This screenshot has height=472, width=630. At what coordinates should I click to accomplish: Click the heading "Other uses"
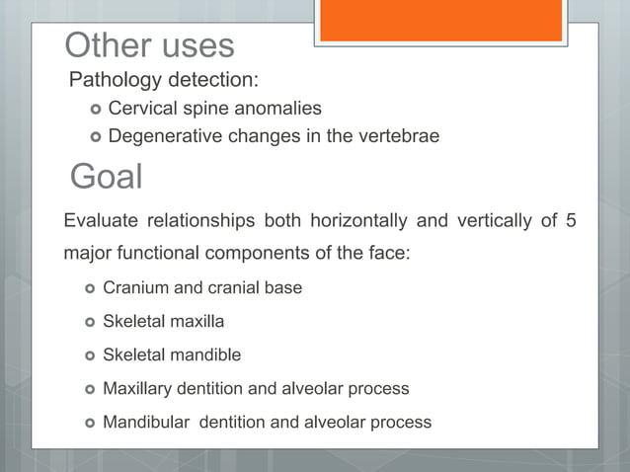coord(149,45)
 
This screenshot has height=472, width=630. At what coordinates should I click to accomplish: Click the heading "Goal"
coord(107,177)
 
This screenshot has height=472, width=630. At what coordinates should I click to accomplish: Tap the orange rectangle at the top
coord(440,20)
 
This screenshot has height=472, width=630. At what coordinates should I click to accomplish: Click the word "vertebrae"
coord(397,136)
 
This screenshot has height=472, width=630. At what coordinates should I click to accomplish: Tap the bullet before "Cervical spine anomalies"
coord(95,109)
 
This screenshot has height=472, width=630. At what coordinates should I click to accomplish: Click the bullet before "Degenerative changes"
coord(95,136)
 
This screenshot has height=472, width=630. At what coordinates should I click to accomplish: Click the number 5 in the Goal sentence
coord(571,220)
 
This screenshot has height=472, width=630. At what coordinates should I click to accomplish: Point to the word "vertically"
coord(492,220)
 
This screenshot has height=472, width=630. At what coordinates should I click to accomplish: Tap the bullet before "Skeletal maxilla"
coord(90,322)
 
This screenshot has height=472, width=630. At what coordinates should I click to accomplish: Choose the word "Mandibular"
coord(146,423)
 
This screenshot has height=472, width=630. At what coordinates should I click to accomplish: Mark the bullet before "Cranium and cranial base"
coord(90,288)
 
